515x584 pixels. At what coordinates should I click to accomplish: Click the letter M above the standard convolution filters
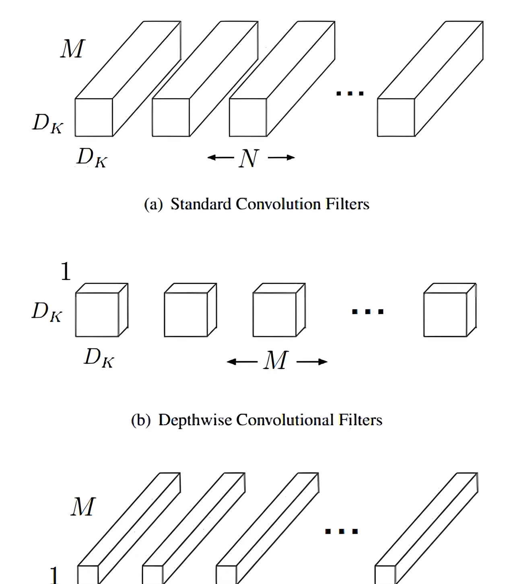73,49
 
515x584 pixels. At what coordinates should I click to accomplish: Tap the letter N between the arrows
248,158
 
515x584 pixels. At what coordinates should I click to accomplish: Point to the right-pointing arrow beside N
281,157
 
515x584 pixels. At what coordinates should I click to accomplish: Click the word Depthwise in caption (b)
195,420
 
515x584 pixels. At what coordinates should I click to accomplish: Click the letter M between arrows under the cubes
276,360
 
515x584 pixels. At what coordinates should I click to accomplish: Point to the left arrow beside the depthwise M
242,362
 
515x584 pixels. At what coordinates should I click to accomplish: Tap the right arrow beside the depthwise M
312,362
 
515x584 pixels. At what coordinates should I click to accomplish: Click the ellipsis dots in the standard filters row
350,93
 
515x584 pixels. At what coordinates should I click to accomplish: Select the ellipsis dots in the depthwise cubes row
368,311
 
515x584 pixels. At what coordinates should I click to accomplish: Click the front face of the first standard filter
94,117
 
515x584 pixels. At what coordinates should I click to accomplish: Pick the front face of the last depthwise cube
445,315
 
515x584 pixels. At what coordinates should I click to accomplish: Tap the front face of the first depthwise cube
97,315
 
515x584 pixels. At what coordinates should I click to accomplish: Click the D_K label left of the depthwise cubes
47,312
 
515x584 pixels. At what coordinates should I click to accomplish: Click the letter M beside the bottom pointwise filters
83,507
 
